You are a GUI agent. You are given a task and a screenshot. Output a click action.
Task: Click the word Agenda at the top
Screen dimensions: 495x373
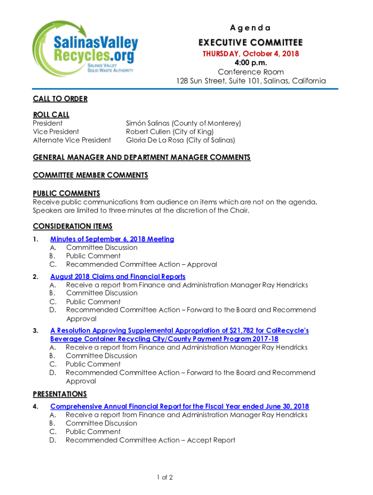pyautogui.click(x=251, y=28)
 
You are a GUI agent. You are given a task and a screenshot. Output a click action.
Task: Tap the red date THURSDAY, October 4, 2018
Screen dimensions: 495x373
pyautogui.click(x=250, y=54)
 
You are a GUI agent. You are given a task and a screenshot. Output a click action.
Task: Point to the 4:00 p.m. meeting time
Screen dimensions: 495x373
pyautogui.click(x=250, y=63)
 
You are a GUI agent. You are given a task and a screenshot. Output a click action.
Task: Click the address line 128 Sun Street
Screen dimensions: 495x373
pyautogui.click(x=250, y=81)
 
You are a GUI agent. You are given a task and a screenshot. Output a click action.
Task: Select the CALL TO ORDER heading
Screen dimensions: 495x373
pyautogui.click(x=60, y=99)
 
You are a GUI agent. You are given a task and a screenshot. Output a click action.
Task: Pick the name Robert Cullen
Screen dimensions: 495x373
pyautogui.click(x=147, y=131)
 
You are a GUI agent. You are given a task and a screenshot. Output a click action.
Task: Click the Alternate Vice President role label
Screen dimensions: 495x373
pyautogui.click(x=72, y=140)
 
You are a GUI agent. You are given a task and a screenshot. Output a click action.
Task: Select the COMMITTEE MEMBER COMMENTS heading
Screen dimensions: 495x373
pyautogui.click(x=90, y=175)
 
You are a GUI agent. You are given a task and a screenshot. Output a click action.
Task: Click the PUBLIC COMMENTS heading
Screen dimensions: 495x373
pyautogui.click(x=66, y=193)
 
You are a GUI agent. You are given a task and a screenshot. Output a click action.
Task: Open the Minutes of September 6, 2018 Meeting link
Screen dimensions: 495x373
pyautogui.click(x=112, y=239)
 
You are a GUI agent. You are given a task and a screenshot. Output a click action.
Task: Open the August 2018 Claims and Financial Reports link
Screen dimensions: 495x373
pyautogui.click(x=118, y=277)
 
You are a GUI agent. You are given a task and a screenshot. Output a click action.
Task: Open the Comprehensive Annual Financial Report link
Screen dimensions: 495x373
pyautogui.click(x=179, y=407)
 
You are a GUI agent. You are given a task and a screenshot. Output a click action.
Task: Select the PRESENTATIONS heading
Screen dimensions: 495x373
pyautogui.click(x=60, y=394)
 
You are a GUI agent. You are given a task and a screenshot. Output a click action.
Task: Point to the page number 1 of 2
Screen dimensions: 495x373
pyautogui.click(x=165, y=478)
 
